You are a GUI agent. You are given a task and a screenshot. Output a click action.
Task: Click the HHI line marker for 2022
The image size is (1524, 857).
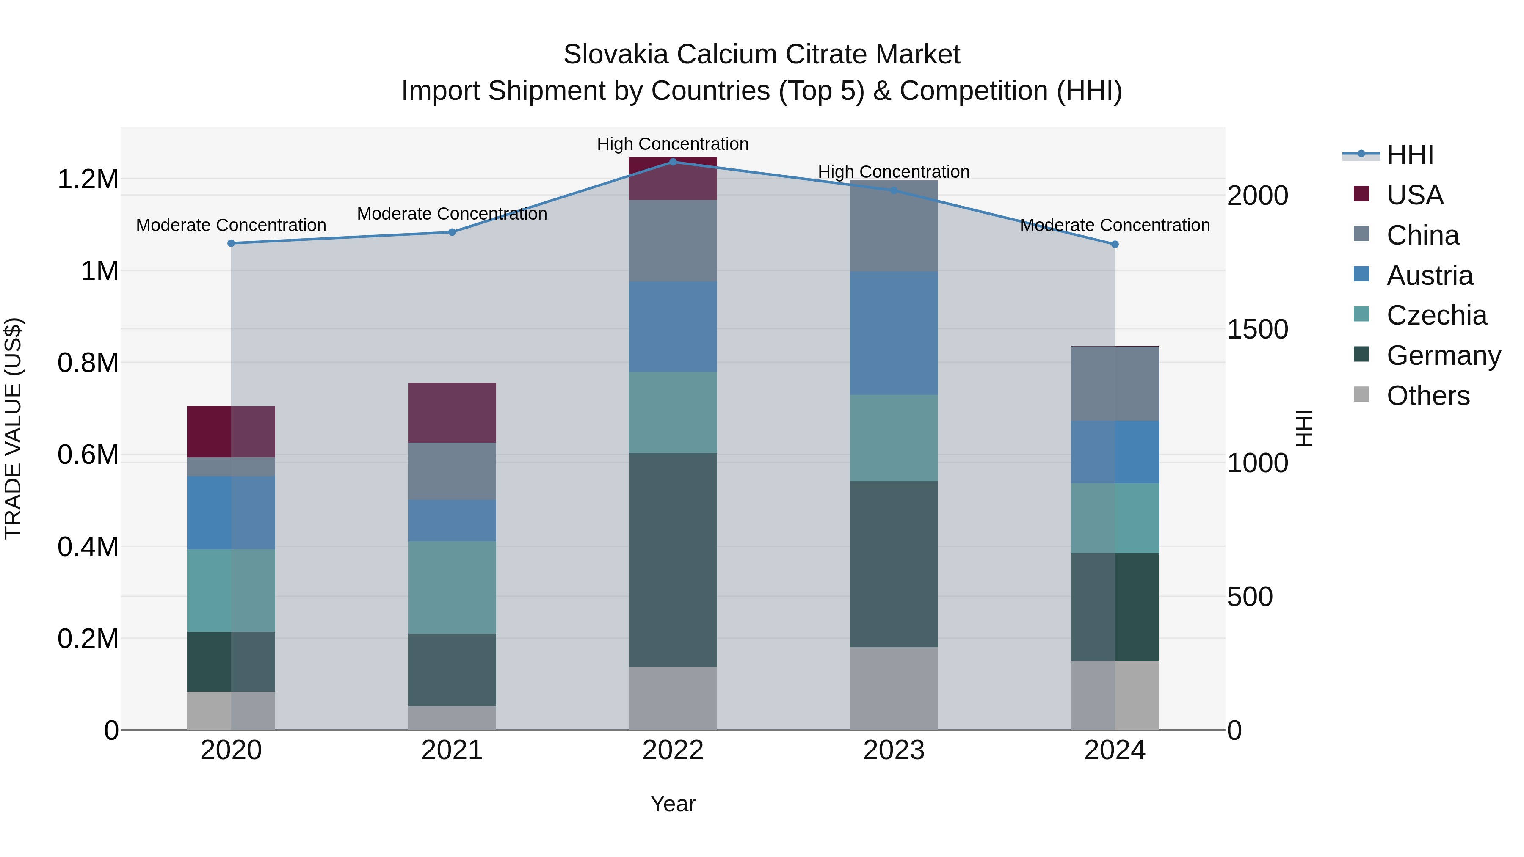[673, 162]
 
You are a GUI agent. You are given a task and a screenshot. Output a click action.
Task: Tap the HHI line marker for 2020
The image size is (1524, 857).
[231, 243]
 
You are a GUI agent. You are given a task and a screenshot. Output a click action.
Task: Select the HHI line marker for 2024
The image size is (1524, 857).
[1115, 244]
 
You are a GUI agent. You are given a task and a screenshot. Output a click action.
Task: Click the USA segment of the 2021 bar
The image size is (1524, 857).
[452, 412]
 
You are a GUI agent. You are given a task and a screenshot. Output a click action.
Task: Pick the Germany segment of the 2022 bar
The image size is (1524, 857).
[673, 559]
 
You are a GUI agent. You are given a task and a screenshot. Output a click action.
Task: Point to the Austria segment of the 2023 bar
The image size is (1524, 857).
[894, 333]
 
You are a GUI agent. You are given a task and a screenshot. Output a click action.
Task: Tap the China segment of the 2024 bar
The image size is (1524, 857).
[1115, 383]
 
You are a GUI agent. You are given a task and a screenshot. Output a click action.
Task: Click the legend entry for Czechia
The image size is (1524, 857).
[1436, 315]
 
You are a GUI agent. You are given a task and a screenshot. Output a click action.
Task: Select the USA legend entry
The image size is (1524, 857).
[1414, 195]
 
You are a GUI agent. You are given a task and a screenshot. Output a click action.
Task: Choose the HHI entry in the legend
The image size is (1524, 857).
[1410, 155]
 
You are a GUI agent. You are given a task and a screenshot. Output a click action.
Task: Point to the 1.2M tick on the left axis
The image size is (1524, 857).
[88, 179]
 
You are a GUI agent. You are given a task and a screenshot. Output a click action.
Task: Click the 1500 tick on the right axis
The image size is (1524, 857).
[1257, 329]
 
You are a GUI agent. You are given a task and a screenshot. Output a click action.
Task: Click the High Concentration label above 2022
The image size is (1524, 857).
[673, 144]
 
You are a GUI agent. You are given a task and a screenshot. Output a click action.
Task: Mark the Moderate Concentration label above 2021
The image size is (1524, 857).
[452, 214]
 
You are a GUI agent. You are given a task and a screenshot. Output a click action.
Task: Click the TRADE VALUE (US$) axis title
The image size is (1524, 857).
[13, 428]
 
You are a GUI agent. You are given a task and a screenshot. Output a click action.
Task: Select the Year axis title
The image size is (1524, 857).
[673, 804]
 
